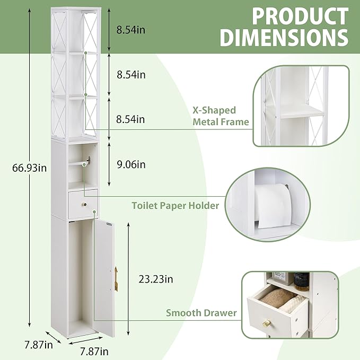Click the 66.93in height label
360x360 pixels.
tap(29, 168)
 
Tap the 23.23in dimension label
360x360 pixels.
tap(156, 279)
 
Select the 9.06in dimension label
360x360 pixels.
tap(131, 164)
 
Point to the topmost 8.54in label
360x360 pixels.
tap(130, 30)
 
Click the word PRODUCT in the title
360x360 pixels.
tap(300, 16)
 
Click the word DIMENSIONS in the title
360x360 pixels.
tap(284, 38)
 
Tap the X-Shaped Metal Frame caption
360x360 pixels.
tap(221, 116)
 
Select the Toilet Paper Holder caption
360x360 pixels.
tap(175, 206)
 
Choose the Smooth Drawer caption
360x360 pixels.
tap(201, 313)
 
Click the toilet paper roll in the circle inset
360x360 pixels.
tap(273, 206)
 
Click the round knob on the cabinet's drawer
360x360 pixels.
tap(84, 204)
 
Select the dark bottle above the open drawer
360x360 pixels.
tap(301, 281)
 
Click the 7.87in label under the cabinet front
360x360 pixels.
tap(94, 351)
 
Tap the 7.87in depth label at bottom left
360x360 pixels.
tap(39, 345)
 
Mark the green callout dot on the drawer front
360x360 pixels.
tap(94, 212)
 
